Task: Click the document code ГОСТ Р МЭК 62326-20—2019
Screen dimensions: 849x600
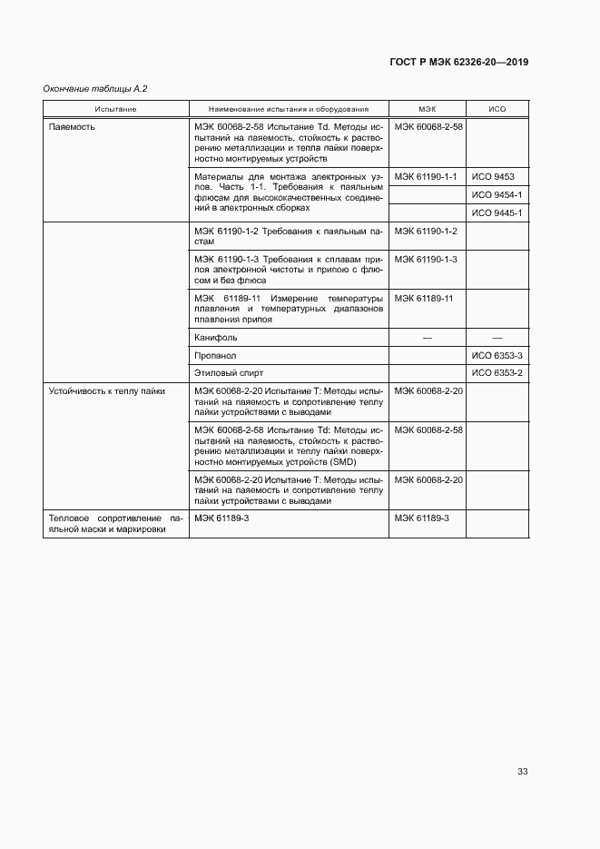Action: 458,63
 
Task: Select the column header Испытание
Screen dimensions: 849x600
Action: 115,109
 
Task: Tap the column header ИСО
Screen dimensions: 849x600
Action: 497,109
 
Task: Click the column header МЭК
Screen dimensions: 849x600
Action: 428,109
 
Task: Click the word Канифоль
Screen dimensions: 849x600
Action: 215,337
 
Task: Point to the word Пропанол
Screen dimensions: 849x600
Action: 215,355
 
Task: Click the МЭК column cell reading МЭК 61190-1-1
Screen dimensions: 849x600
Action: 426,176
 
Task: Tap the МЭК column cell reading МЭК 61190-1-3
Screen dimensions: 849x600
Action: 426,259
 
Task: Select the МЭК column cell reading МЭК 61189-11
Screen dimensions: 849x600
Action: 424,298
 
